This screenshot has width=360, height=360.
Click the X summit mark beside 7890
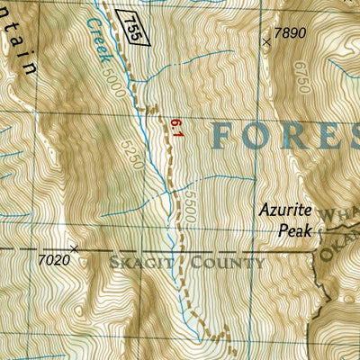pos(265,41)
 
